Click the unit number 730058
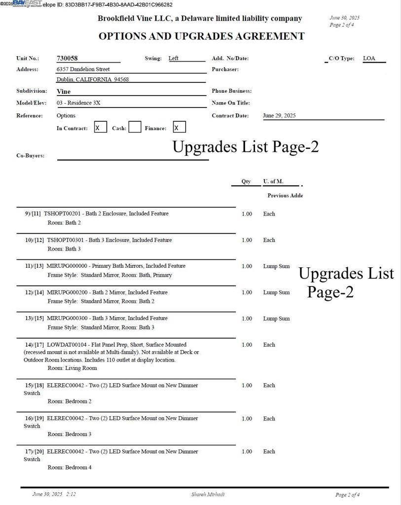(67, 59)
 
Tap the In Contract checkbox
(100, 128)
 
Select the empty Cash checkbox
(135, 128)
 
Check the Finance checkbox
(179, 127)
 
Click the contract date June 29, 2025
(279, 116)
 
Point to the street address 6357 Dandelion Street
(83, 70)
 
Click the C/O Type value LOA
(369, 59)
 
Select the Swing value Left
(174, 59)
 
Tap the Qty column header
(246, 181)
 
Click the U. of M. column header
(273, 181)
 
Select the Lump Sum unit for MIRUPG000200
(276, 292)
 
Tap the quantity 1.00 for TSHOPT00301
(247, 240)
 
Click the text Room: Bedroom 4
(70, 468)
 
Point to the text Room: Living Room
(72, 368)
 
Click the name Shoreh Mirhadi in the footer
(208, 494)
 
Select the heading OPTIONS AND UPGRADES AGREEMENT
(201, 36)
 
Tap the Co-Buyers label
(30, 156)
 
